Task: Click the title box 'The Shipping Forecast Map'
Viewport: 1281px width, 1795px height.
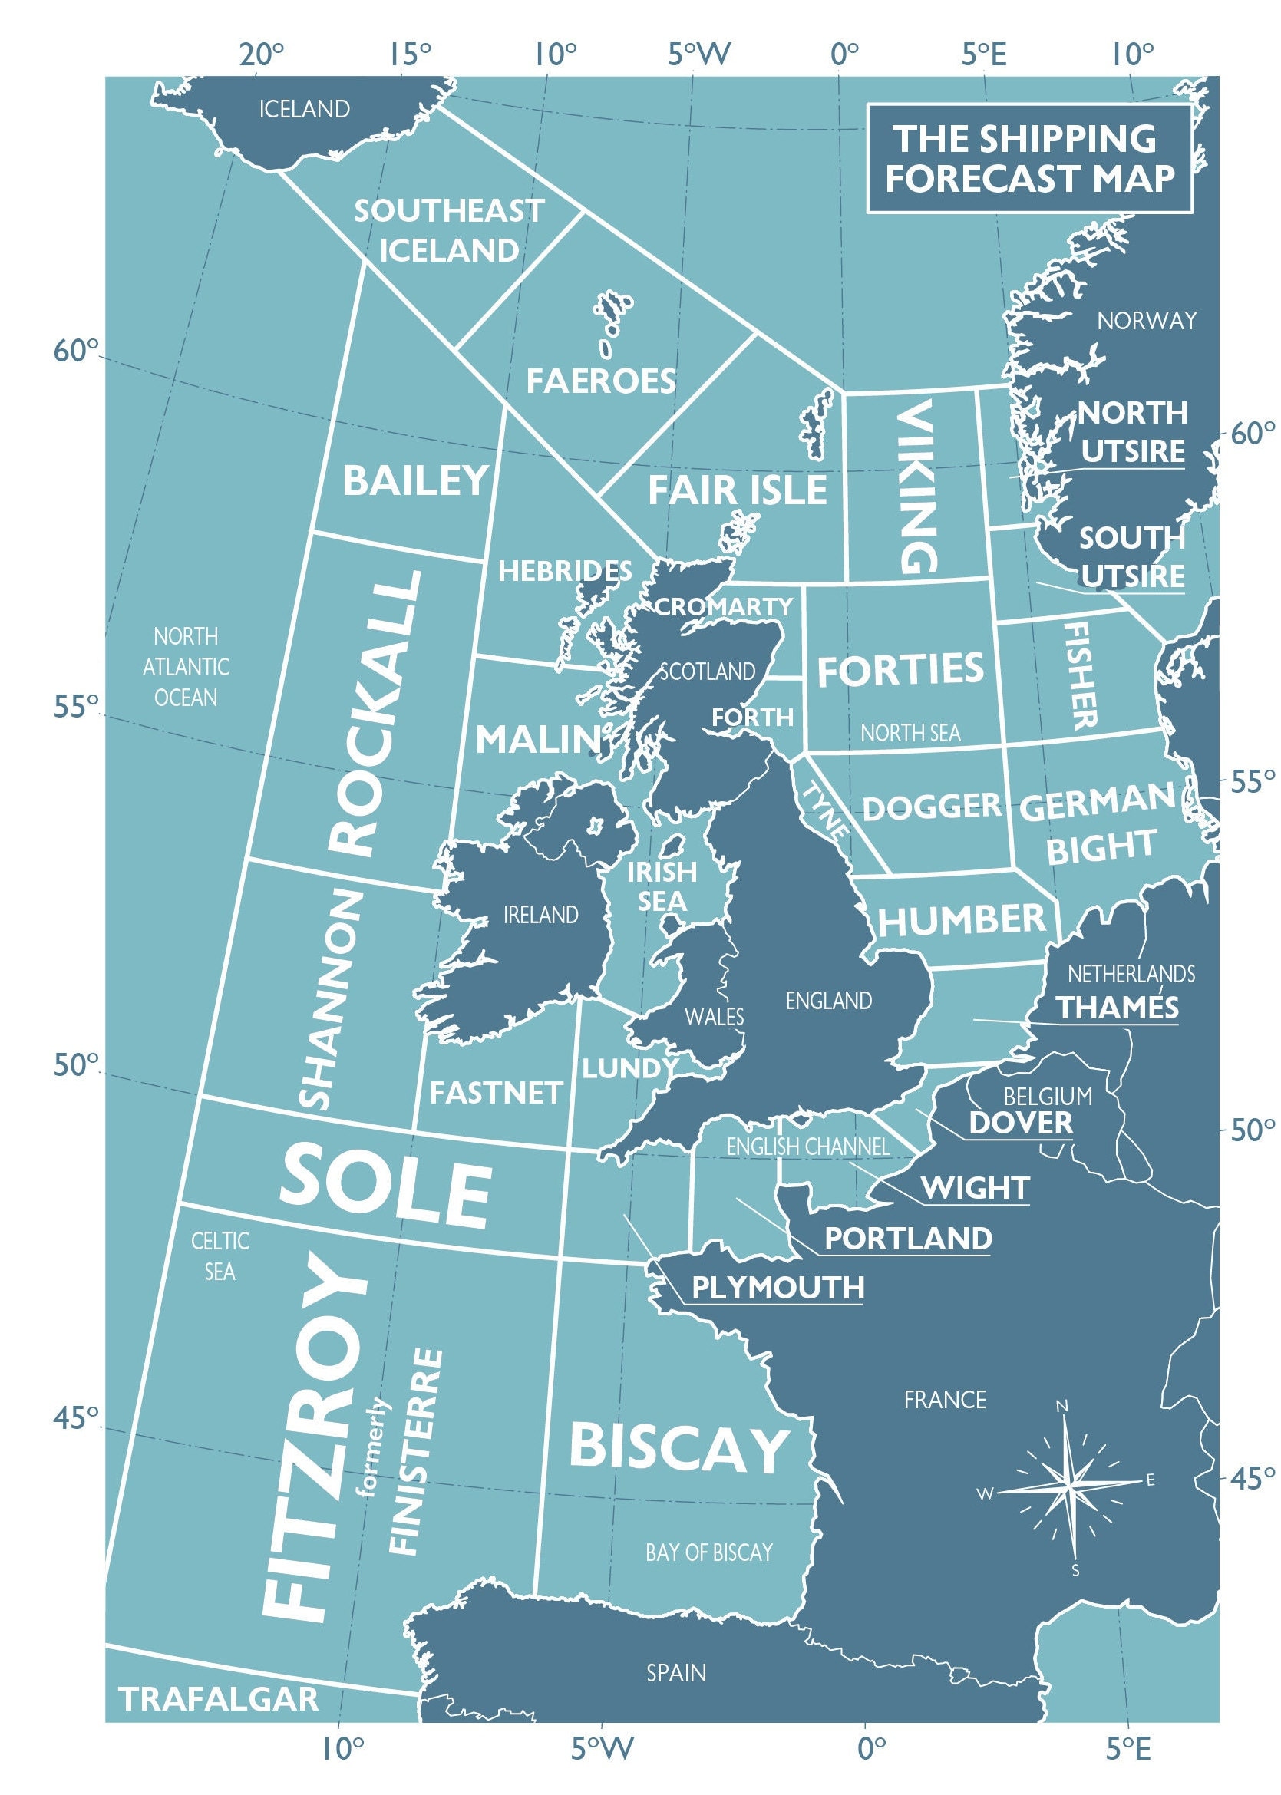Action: pyautogui.click(x=1028, y=159)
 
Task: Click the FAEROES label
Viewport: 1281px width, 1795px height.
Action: pyautogui.click(x=601, y=381)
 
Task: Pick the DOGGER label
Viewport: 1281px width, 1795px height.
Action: pyautogui.click(x=932, y=807)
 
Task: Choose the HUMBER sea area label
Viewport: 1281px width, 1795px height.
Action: pyautogui.click(x=962, y=920)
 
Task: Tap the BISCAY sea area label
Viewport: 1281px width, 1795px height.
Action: pyautogui.click(x=679, y=1448)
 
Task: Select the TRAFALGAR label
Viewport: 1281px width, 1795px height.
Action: pyautogui.click(x=219, y=1700)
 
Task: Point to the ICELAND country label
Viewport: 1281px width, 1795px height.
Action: pyautogui.click(x=305, y=109)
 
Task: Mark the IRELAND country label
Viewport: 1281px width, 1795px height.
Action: pyautogui.click(x=541, y=915)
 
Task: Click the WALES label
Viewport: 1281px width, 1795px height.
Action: pyautogui.click(x=714, y=1017)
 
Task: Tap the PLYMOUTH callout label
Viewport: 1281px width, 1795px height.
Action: pyautogui.click(x=778, y=1288)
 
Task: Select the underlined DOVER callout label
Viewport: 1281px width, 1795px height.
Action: pyautogui.click(x=1021, y=1123)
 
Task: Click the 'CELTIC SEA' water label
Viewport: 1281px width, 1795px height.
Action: pyautogui.click(x=220, y=1256)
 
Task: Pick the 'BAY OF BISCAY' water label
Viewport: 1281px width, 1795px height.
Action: pyautogui.click(x=708, y=1553)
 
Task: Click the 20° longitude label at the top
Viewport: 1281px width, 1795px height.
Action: pyautogui.click(x=261, y=55)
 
